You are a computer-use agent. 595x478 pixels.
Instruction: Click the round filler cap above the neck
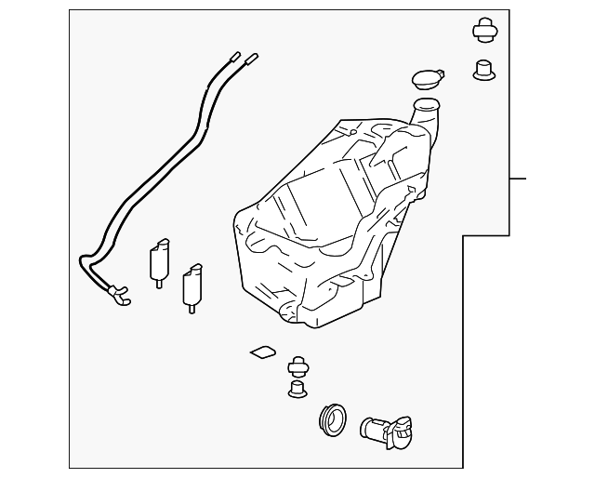tap(423, 77)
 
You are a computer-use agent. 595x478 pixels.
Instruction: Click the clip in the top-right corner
tap(484, 31)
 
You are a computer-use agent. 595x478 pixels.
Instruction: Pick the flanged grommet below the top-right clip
tap(483, 70)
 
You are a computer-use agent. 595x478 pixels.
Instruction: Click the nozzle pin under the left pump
tap(159, 282)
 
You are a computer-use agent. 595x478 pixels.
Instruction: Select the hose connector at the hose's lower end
tap(117, 296)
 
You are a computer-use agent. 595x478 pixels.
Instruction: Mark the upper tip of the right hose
tap(252, 58)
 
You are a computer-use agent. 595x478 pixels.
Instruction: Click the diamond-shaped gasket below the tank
tap(262, 352)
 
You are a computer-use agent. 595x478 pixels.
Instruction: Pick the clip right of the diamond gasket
tap(298, 365)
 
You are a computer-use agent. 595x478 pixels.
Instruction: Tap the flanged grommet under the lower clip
tap(297, 390)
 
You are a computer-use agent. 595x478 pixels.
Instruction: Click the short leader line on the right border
tap(518, 178)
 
